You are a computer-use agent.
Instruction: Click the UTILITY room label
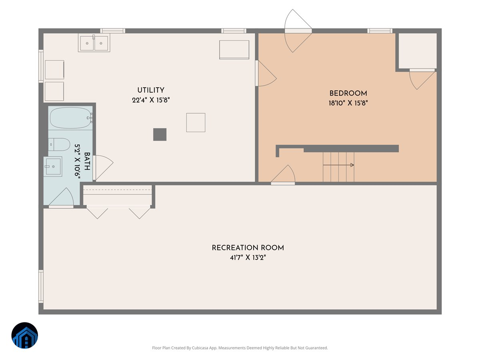[151, 90]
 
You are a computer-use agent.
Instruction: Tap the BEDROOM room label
[348, 93]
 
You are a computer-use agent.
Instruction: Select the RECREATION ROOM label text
[248, 248]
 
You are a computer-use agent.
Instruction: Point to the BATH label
[87, 161]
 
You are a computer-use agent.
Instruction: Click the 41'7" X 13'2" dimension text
[248, 258]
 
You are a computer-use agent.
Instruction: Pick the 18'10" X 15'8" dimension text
[348, 103]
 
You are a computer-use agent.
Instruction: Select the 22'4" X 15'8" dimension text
[151, 100]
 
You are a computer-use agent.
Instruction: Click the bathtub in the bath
[70, 118]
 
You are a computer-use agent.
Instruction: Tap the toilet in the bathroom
[59, 144]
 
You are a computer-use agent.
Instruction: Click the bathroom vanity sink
[53, 166]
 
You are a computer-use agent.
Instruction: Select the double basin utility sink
[94, 43]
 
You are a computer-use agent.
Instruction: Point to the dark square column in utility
[160, 134]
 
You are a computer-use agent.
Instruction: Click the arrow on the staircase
[338, 165]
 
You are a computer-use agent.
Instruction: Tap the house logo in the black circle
[25, 335]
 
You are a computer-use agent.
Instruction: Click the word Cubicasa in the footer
[200, 348]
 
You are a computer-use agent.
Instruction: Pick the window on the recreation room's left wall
[41, 286]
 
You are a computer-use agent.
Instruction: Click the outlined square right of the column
[196, 122]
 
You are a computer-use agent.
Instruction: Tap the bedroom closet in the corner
[418, 51]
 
